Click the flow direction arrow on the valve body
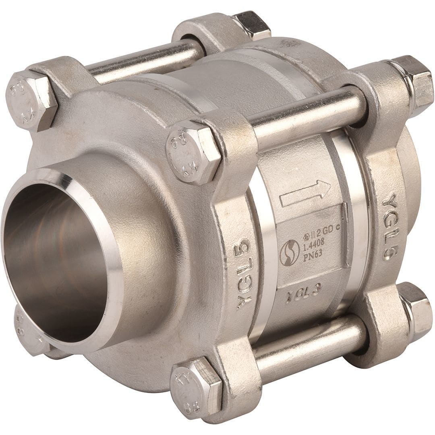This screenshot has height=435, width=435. point(305,193)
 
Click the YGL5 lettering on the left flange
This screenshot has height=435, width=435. point(244,274)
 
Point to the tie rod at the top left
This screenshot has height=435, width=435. point(145,60)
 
